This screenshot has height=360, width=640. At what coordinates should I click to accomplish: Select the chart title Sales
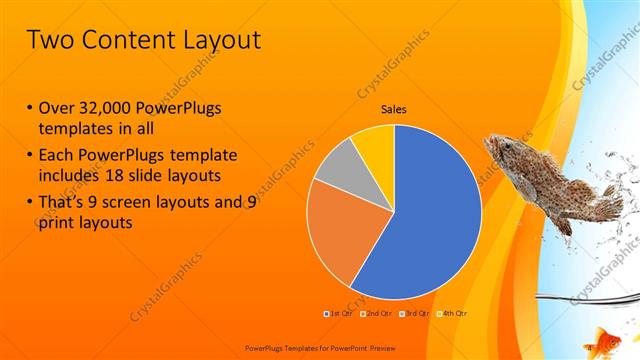(394, 110)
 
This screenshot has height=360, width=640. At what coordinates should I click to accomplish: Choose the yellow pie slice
(374, 143)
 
